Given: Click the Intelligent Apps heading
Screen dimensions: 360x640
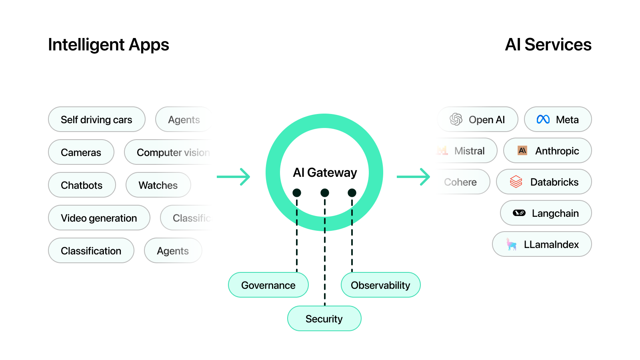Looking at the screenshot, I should pos(108,45).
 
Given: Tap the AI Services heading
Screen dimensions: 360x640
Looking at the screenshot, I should pos(548,45).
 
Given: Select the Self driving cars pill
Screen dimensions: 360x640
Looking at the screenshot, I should pos(96,120).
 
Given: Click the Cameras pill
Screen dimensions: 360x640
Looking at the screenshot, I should pos(81,152).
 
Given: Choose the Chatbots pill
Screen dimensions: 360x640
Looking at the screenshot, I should pos(82,185).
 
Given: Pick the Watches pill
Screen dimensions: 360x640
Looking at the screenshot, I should pos(158,185).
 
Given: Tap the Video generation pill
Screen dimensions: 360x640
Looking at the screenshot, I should pos(99,218).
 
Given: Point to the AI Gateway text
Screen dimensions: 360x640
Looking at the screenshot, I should pos(325,172).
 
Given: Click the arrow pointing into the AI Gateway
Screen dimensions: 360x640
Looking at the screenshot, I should pos(234,177).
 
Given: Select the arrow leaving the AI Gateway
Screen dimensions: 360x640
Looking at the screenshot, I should pos(413,177).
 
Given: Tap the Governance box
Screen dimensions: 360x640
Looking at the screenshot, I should pos(268,285).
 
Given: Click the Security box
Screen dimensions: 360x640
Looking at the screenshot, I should pos(324,319).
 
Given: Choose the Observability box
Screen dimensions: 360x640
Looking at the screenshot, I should pos(380,285).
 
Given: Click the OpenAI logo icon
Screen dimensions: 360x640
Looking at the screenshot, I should pos(456,119).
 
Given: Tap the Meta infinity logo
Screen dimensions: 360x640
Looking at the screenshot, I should pos(543,120).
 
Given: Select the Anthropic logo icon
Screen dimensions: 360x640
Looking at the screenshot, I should pos(522,151).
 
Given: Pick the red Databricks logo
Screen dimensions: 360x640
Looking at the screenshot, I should pos(516,182).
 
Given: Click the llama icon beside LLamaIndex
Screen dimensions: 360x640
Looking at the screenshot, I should pos(511,244).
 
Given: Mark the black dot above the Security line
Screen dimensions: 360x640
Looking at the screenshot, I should pos(325,193).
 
